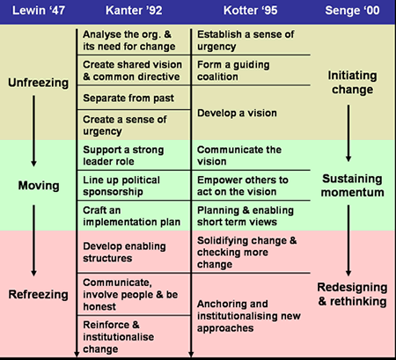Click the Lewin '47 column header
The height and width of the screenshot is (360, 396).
[x=39, y=11]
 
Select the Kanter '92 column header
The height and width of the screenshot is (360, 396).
[x=134, y=11]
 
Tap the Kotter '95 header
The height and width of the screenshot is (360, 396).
[x=250, y=11]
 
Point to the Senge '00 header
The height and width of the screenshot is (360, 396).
[x=352, y=11]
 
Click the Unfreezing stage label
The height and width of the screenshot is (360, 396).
[x=39, y=83]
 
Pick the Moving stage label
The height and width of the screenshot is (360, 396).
[x=39, y=186]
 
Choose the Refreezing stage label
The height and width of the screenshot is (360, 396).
[x=39, y=294]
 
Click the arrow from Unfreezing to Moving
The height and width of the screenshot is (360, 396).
[x=33, y=131]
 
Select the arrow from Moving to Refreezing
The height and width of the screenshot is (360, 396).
[x=33, y=240]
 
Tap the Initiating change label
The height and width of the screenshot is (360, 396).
[x=352, y=83]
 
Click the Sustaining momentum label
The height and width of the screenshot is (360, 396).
[x=352, y=186]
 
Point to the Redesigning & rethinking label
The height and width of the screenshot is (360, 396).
[x=352, y=294]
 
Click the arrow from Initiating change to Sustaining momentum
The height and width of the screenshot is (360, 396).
[x=348, y=133]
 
